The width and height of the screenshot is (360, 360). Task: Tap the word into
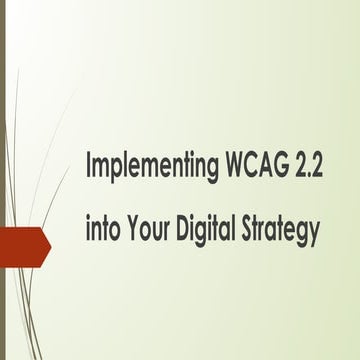(x=103, y=231)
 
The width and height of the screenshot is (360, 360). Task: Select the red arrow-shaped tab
(x=22, y=245)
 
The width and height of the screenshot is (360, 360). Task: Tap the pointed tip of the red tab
(x=49, y=245)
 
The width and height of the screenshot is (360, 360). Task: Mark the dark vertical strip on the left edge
(x=3, y=180)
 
